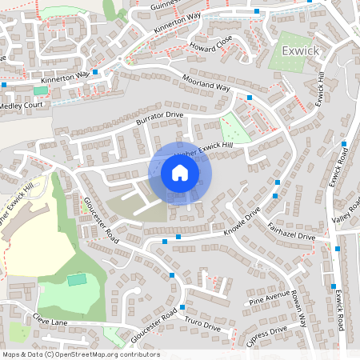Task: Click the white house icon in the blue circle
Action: point(180,173)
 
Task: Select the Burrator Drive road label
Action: point(159,120)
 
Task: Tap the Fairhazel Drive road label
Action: point(291,233)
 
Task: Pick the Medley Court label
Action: point(21,105)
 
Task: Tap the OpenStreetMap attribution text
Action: point(81,354)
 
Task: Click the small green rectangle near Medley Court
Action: point(40,90)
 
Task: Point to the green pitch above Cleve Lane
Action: point(76,279)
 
